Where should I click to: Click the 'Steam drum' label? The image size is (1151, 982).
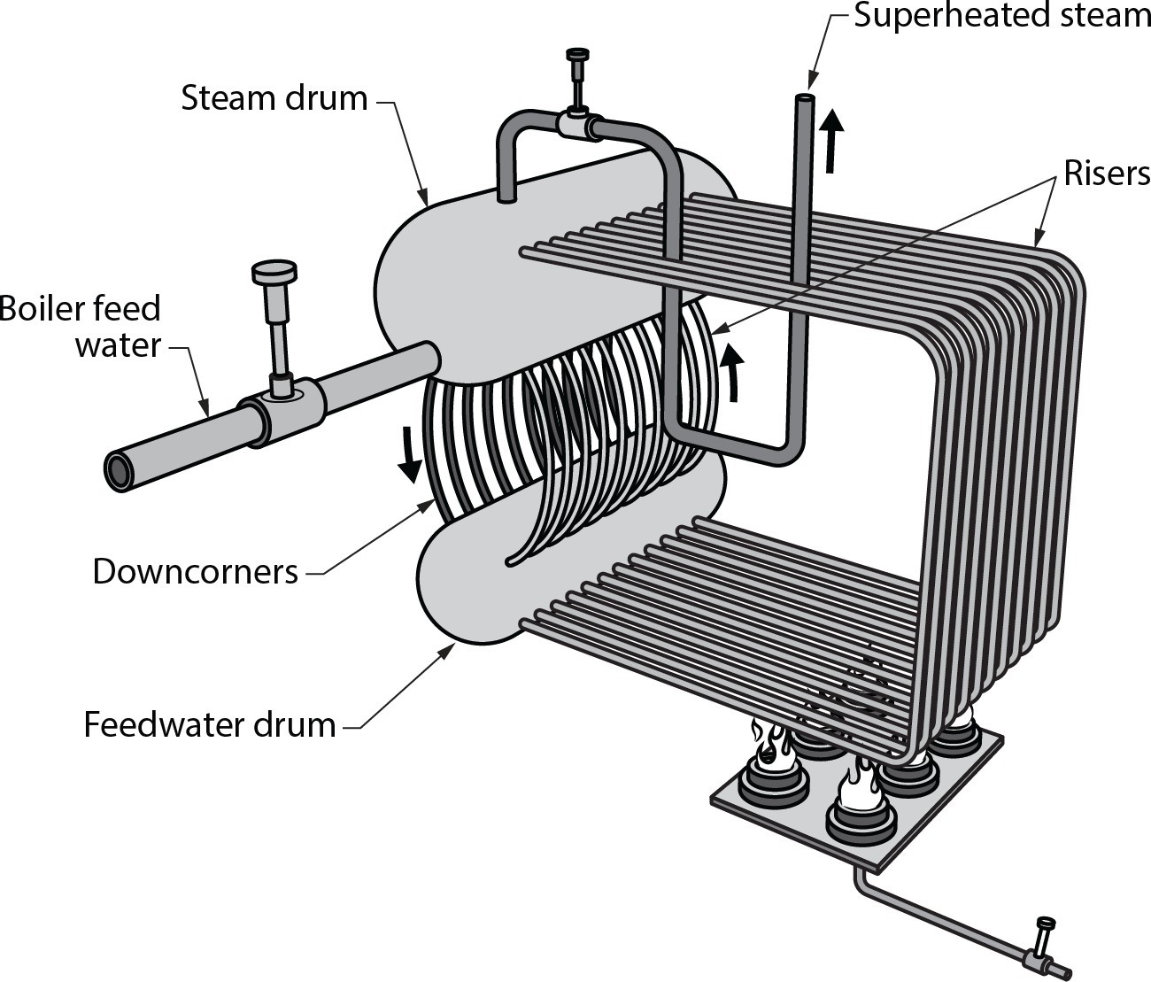274,98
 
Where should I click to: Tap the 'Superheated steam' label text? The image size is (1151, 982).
1001,16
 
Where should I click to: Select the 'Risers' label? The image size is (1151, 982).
1107,174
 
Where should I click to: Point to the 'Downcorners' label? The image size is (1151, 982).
195,572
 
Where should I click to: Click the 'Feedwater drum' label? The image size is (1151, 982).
210,724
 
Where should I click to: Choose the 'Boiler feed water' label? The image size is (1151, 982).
81,326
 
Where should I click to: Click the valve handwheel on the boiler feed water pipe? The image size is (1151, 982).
274,272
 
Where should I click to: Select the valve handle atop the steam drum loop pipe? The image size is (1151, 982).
577,56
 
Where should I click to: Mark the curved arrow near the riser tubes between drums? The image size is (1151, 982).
730,372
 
